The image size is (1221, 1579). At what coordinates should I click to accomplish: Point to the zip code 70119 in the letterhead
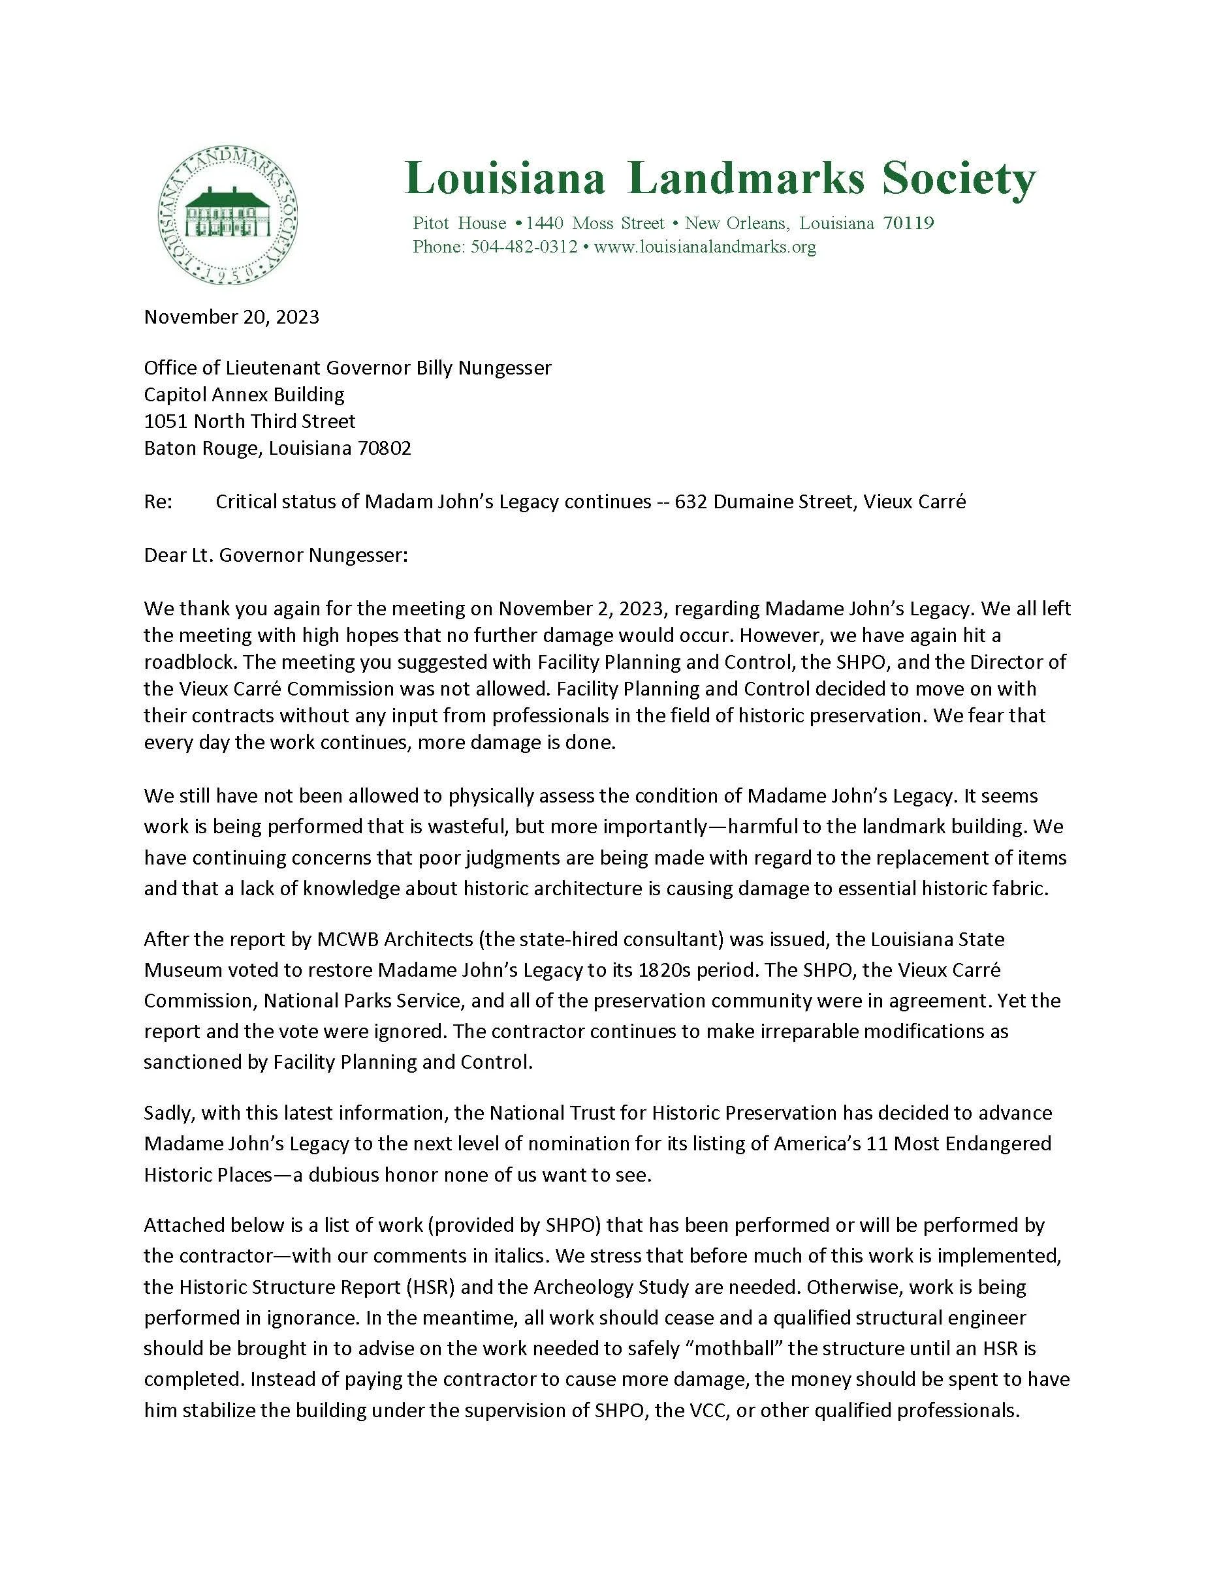pos(908,223)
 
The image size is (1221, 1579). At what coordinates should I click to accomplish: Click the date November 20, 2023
pos(232,316)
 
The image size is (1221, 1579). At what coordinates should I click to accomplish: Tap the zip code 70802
pos(384,448)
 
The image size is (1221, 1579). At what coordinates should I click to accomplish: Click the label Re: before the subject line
pos(159,502)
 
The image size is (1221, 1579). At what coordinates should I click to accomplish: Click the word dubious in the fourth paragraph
pos(355,1175)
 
